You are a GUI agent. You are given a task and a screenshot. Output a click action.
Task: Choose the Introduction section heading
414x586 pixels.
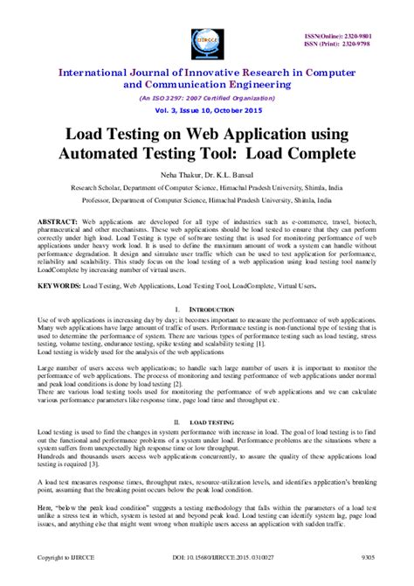point(211,310)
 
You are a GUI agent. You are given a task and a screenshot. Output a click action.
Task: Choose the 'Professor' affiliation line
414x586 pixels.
point(207,200)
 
